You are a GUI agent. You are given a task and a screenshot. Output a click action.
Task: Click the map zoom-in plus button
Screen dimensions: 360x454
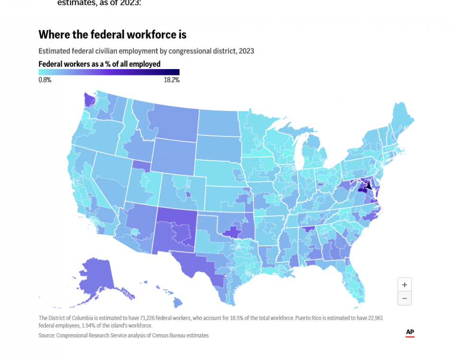point(405,285)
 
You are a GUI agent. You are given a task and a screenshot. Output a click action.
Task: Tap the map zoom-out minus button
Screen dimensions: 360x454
point(405,298)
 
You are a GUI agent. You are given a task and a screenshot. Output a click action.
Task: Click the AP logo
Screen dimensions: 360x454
point(410,332)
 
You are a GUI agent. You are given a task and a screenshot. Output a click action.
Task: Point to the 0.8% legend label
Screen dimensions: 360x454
point(45,80)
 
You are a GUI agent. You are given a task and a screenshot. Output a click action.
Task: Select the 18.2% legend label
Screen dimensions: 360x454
point(171,80)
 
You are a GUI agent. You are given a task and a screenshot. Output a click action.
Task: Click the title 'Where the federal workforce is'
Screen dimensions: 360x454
point(112,35)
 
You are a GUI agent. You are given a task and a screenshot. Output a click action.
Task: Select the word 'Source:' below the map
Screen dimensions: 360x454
point(47,336)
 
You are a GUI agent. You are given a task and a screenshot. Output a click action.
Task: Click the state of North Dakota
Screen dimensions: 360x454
point(218,122)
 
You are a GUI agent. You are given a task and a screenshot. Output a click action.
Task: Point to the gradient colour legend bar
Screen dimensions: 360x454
point(109,72)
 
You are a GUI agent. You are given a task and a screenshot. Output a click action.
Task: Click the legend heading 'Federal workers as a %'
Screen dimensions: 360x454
point(99,64)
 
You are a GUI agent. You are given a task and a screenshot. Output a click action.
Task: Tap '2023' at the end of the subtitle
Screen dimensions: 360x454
point(246,51)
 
